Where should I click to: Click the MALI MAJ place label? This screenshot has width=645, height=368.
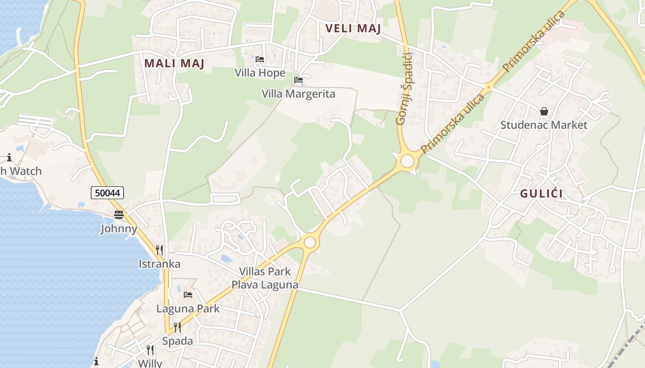[174, 63]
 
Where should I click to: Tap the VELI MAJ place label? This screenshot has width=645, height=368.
[353, 29]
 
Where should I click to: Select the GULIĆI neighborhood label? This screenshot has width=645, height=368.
[541, 194]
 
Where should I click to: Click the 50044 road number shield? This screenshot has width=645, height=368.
[107, 193]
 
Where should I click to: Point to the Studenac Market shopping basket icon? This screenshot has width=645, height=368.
[544, 111]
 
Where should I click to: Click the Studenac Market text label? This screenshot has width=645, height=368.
[544, 125]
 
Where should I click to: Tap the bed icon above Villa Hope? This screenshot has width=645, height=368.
[260, 59]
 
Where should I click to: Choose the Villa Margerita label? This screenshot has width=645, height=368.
[299, 94]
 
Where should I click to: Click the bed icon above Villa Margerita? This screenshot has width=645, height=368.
[299, 80]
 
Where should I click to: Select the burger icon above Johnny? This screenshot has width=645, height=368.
[119, 214]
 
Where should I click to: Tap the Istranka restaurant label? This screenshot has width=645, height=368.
[159, 264]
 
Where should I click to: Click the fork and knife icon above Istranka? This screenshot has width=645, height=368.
[159, 250]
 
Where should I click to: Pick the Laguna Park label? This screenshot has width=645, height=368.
[188, 309]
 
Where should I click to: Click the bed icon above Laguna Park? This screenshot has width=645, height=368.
[188, 294]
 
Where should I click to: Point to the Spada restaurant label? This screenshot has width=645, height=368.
[177, 341]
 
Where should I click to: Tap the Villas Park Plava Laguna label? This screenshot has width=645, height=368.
[265, 278]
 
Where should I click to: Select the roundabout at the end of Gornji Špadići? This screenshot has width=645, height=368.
[407, 161]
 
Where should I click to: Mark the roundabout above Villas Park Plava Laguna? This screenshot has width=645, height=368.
[310, 242]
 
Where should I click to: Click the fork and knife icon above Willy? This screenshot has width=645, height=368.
[150, 350]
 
